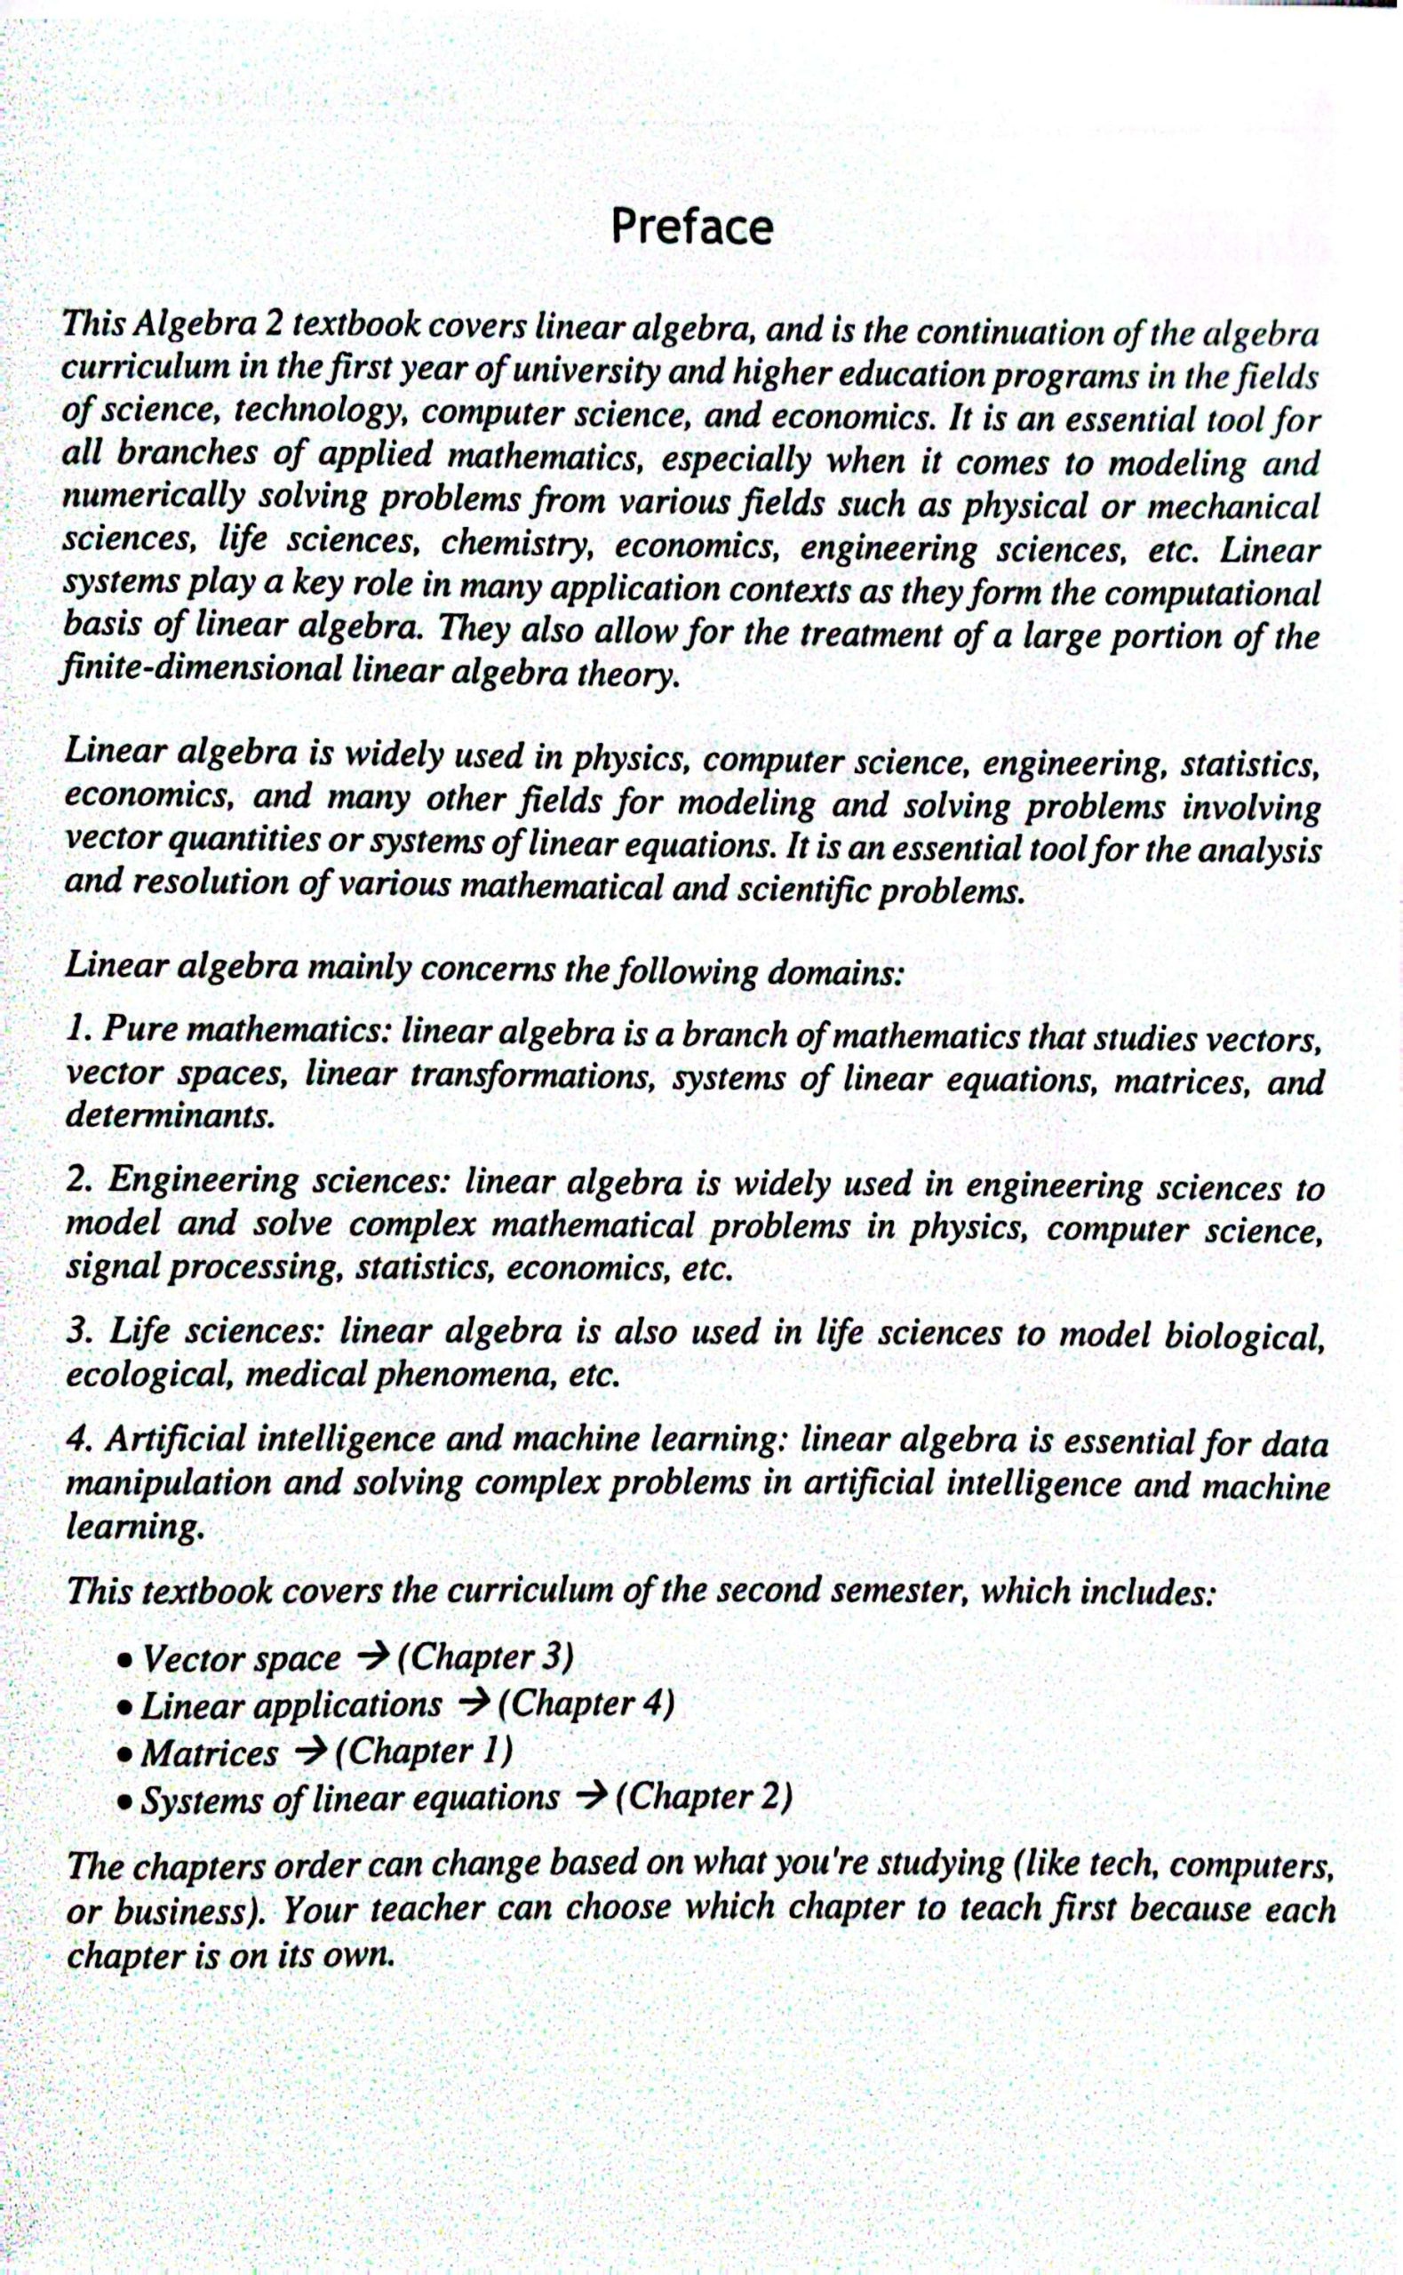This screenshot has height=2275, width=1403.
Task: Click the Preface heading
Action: point(691,227)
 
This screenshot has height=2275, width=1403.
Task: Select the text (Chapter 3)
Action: point(483,1657)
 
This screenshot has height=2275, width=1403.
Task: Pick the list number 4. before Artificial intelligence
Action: point(79,1440)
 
